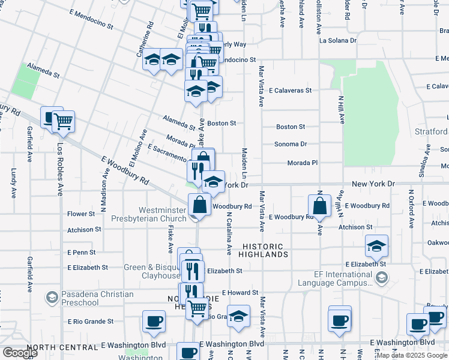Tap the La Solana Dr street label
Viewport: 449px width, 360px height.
(x=338, y=41)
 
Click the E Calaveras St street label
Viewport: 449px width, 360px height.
(x=291, y=91)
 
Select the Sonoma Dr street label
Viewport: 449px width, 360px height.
(x=291, y=144)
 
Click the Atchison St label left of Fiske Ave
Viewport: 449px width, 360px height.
(x=84, y=230)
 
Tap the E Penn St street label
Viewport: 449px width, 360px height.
(x=82, y=253)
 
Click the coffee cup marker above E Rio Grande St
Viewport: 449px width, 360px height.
(x=154, y=321)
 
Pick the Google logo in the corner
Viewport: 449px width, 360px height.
(x=20, y=353)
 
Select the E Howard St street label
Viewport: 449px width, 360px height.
(x=240, y=293)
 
